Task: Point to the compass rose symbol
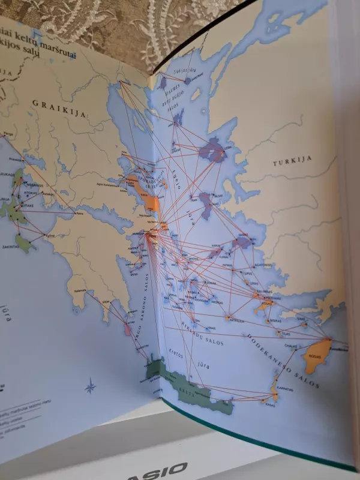90,386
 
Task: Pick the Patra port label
79,213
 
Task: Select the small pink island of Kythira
127,329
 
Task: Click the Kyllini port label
50,235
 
